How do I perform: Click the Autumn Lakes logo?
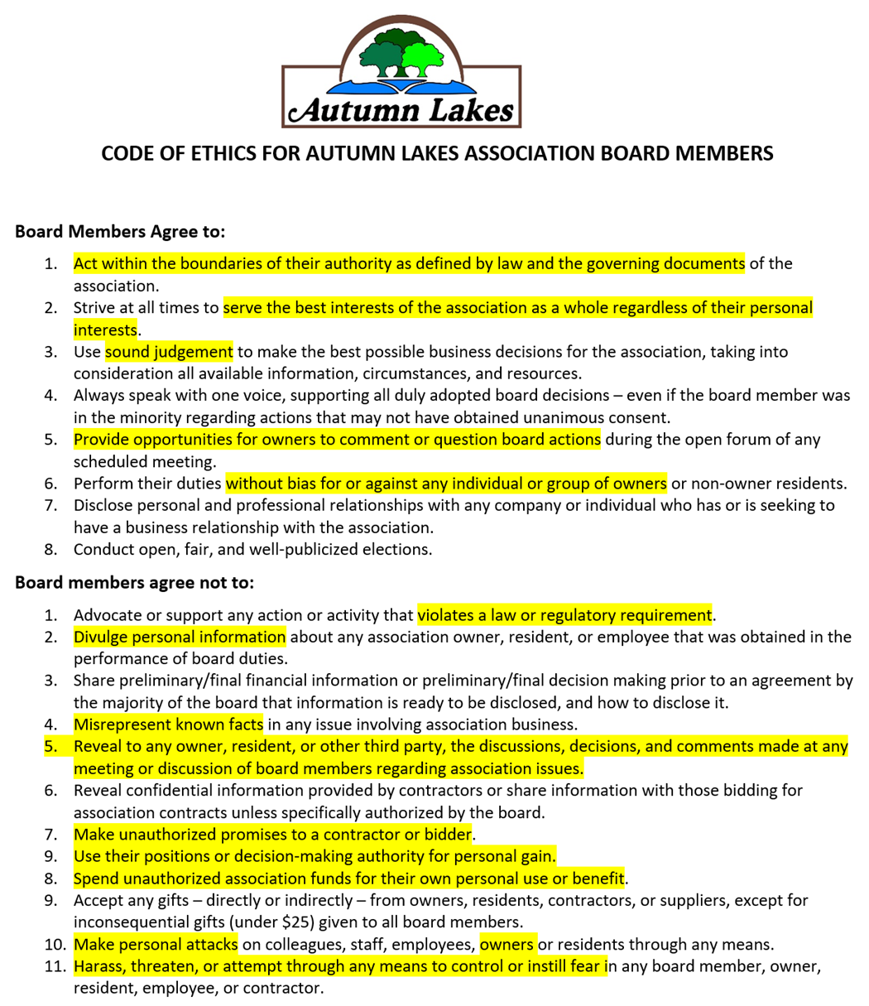coord(401,72)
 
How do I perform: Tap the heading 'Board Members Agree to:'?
coord(120,232)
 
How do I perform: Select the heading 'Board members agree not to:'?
coord(134,583)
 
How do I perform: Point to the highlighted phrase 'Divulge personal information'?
coord(180,637)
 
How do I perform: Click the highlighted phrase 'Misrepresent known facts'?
coord(169,724)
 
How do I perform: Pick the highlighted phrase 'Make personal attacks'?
coord(156,943)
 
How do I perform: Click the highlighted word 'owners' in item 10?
coord(507,943)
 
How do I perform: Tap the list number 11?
coord(53,965)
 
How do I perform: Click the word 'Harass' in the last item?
coord(99,965)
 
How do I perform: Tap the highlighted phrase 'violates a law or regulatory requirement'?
coord(564,615)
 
